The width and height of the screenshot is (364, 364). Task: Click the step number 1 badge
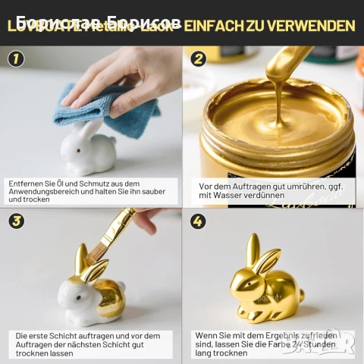pyautogui.click(x=16, y=59)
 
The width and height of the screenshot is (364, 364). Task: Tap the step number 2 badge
pyautogui.click(x=199, y=59)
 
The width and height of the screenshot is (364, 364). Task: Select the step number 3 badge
pyautogui.click(x=16, y=221)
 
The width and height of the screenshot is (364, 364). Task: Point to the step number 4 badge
pyautogui.click(x=199, y=221)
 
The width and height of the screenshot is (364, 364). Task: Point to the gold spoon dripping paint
pyautogui.click(x=284, y=68)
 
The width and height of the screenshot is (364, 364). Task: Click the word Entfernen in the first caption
pyautogui.click(x=26, y=184)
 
